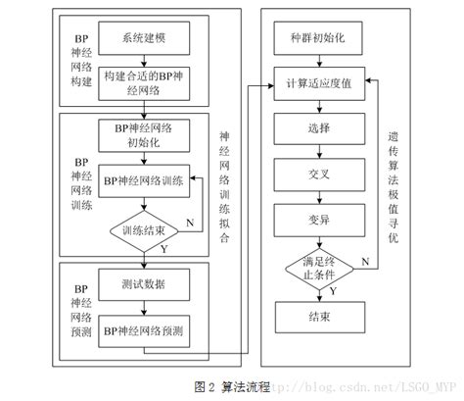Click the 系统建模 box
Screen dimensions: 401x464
pyautogui.click(x=144, y=39)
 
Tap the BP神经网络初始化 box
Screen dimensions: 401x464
pyautogui.click(x=144, y=134)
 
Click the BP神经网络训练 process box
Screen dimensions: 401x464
pyautogui.click(x=144, y=180)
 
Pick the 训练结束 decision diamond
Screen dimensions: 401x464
pyautogui.click(x=144, y=231)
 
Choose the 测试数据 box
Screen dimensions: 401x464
pyautogui.click(x=144, y=284)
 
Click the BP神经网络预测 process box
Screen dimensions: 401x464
pyautogui.click(x=144, y=330)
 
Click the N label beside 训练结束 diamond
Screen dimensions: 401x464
pyautogui.click(x=188, y=221)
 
